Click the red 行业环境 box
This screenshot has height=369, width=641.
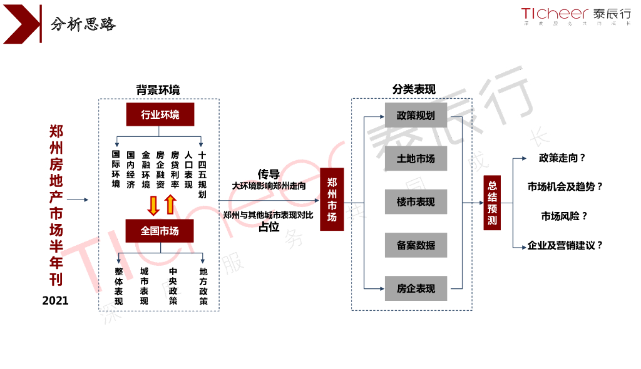160,114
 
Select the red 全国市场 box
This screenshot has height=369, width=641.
160,231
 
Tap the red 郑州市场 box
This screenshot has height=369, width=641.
332,200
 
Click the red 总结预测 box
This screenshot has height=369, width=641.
492,203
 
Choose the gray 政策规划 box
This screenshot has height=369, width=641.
416,116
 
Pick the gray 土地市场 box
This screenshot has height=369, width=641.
416,159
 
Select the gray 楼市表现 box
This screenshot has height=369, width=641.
416,202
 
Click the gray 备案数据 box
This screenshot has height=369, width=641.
416,245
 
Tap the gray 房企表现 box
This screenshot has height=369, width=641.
416,288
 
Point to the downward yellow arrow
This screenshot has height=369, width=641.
152,205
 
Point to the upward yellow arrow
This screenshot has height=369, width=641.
170,204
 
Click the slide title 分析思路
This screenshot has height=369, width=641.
83,24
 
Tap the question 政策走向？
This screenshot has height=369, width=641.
562,158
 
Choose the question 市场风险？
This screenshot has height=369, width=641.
564,216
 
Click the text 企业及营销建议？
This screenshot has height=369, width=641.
565,245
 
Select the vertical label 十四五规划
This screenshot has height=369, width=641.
202,174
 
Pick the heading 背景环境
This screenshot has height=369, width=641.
158,90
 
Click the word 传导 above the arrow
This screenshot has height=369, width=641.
269,174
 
